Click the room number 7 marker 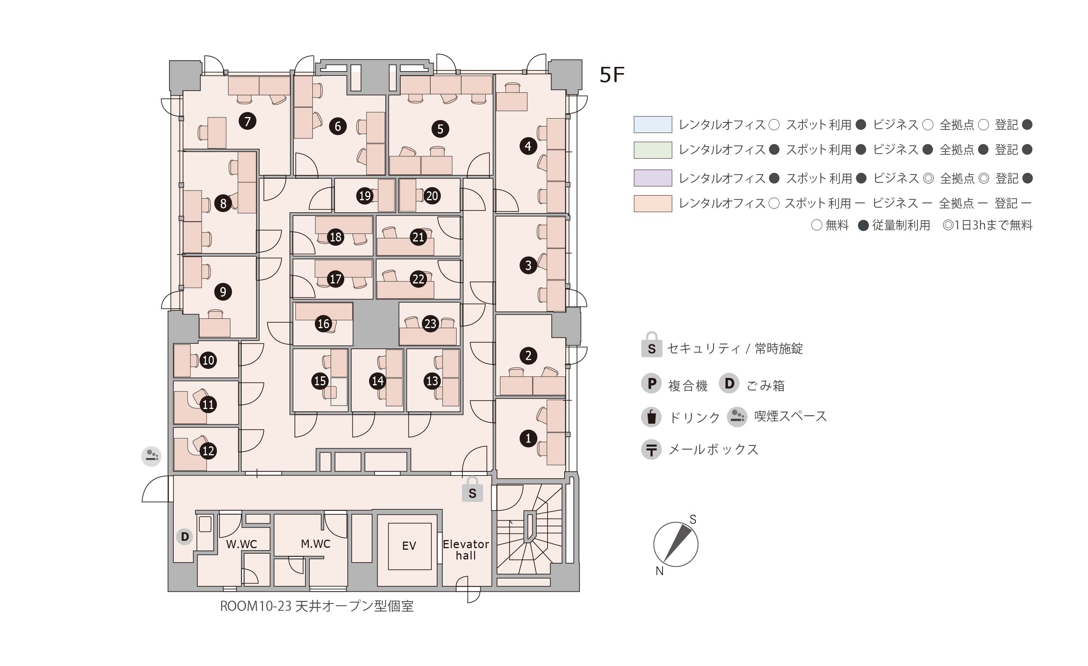(247, 121)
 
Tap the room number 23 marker (430, 323)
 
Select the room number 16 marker (323, 323)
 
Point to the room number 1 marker (528, 439)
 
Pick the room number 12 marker (208, 451)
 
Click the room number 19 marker (365, 196)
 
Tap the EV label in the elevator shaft (409, 546)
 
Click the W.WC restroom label (242, 544)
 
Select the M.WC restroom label (315, 544)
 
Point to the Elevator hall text (466, 550)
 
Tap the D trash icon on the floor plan (185, 537)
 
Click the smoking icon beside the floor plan (152, 456)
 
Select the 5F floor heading (612, 75)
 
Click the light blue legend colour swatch (653, 125)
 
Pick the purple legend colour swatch (653, 178)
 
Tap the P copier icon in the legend (651, 384)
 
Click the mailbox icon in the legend (651, 450)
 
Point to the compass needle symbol (676, 544)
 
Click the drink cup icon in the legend (651, 417)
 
